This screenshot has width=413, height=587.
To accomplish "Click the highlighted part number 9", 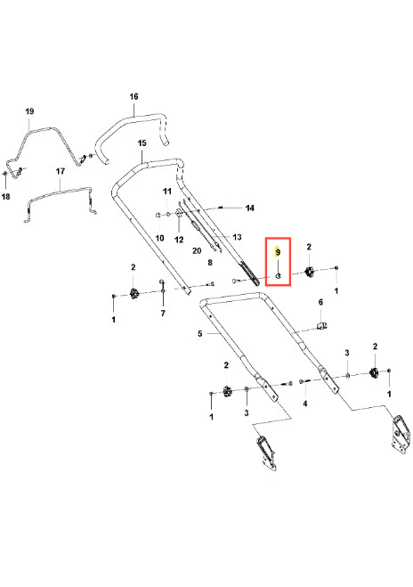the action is tap(278, 252).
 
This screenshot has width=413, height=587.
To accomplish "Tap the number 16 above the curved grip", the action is tap(134, 96).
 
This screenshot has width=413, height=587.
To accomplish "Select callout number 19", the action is tap(29, 111).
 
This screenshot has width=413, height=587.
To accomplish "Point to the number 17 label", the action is tap(61, 171).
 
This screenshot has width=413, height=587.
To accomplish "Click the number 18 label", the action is tap(5, 196).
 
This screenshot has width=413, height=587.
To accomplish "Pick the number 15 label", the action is tap(142, 143).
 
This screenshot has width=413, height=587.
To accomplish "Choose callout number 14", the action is tap(249, 208).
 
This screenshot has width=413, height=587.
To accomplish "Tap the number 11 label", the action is tap(166, 192).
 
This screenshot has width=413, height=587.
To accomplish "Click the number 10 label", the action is tap(159, 238).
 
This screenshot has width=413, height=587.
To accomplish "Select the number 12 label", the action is tap(179, 240).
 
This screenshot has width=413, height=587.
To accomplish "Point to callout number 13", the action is tap(237, 237).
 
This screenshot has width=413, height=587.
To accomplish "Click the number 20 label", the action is tap(197, 250).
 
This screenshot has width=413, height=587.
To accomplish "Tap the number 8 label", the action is tap(210, 263).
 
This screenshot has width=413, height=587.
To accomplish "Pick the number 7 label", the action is tap(163, 314).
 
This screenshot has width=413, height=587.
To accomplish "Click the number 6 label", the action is tap(320, 302).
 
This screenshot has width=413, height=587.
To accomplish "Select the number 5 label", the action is tap(199, 333).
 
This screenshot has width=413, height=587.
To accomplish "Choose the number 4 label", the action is tap(305, 404).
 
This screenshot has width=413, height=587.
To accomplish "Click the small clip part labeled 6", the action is tap(321, 325).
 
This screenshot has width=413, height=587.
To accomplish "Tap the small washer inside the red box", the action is tap(278, 276).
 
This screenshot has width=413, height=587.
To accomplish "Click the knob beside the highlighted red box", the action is tap(310, 272).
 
